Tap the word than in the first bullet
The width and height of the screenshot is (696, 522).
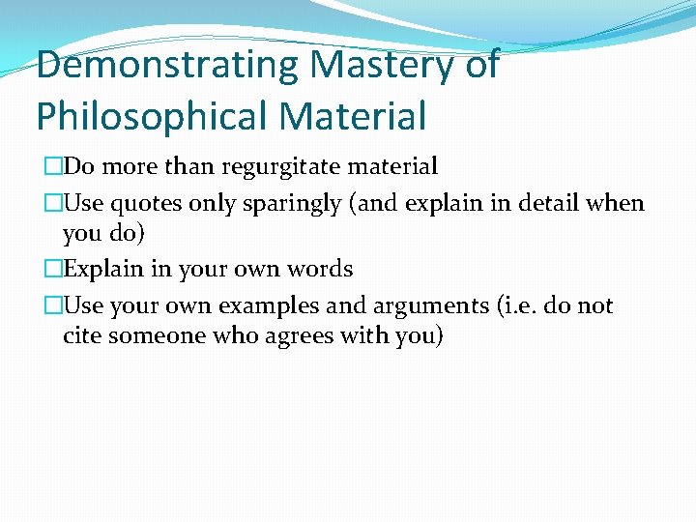pos(189,166)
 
